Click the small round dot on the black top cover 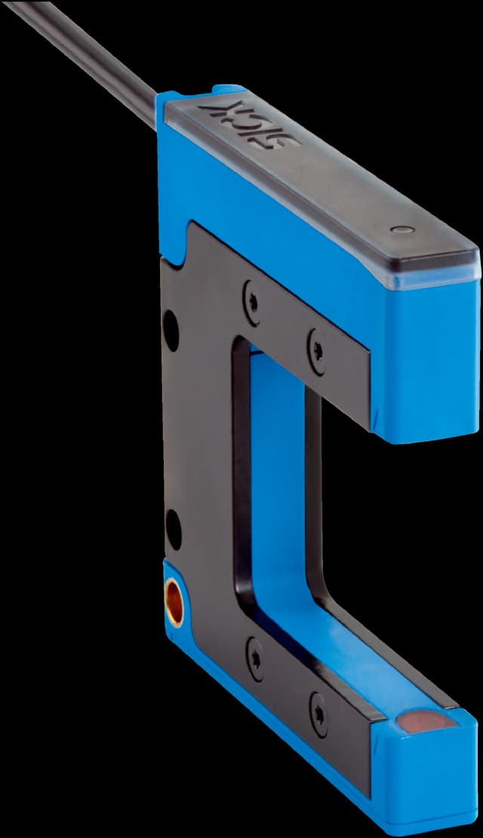pos(402,230)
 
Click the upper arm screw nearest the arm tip pos(317,351)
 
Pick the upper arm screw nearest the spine pos(253,302)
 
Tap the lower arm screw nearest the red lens pos(318,715)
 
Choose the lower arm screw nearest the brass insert pos(254,658)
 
